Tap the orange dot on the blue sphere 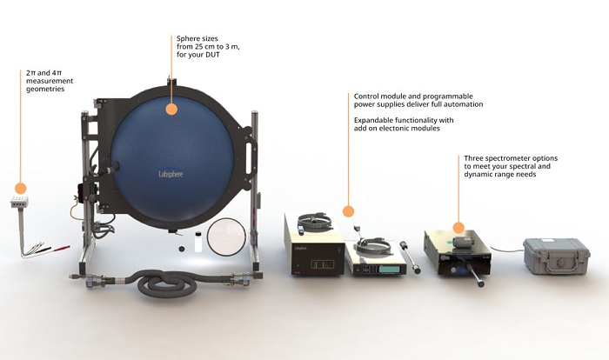(171, 110)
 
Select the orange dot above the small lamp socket (21, 188)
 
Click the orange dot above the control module (349, 210)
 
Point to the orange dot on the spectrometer (458, 228)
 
